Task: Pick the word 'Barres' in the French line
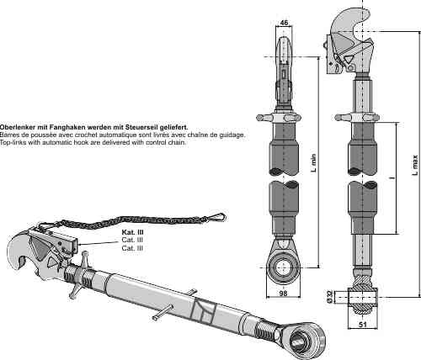click(11, 135)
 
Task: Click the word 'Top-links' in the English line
click(14, 142)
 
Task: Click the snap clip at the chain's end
click(220, 217)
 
